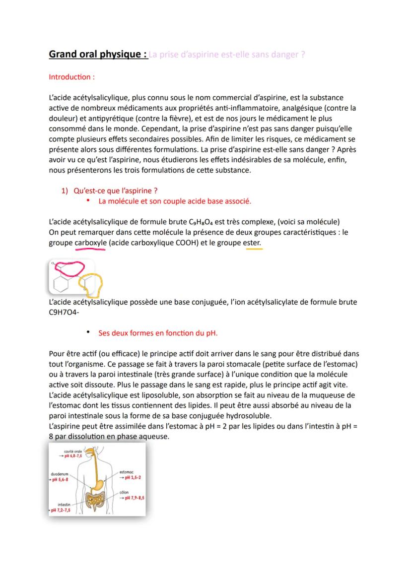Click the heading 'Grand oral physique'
coord(97,54)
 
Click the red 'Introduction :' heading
coord(71,77)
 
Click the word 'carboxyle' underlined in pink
coord(90,243)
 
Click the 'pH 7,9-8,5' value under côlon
coord(133,498)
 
